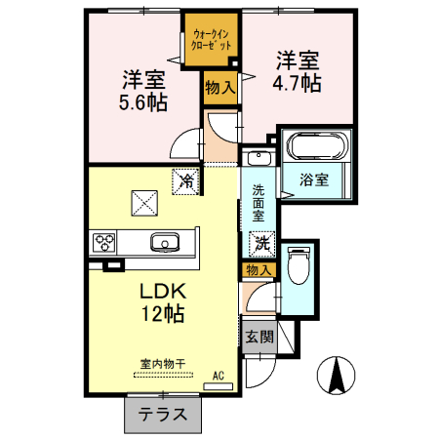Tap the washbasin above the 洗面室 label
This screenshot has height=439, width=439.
pyautogui.click(x=258, y=159)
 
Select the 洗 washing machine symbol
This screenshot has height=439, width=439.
pyautogui.click(x=262, y=241)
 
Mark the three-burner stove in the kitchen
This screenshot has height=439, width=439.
pyautogui.click(x=104, y=243)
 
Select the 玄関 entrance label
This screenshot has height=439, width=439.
pyautogui.click(x=259, y=337)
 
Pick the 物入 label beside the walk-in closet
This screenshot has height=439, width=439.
pyautogui.click(x=219, y=88)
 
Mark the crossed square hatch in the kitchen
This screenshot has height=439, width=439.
pyautogui.click(x=143, y=202)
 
